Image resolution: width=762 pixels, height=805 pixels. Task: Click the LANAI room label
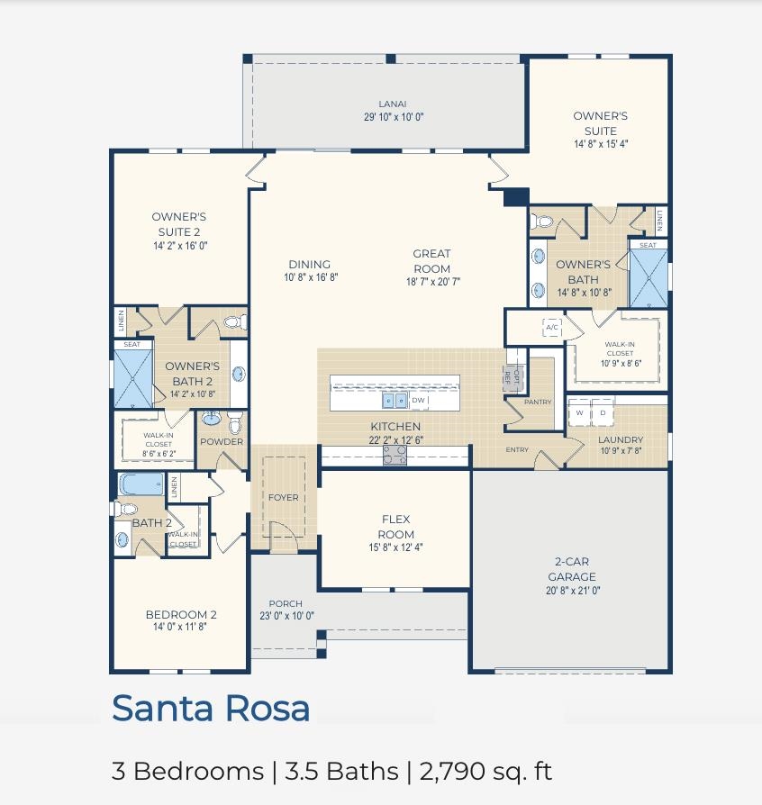(393, 104)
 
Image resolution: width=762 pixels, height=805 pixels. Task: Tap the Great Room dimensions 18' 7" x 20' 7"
(433, 281)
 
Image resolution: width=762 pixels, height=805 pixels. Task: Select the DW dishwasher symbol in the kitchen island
(419, 400)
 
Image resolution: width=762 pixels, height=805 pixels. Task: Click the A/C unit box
(552, 327)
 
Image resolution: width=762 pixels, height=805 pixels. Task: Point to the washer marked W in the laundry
(579, 412)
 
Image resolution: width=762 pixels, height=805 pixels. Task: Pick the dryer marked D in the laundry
(603, 412)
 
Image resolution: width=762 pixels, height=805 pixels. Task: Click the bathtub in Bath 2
(141, 484)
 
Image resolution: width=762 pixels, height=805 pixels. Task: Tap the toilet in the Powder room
(235, 422)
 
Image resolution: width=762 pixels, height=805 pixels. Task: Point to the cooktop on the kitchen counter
(395, 455)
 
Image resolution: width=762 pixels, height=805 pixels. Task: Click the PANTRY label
(538, 402)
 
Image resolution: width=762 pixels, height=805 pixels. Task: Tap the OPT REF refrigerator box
(512, 378)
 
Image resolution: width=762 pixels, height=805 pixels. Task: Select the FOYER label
(284, 497)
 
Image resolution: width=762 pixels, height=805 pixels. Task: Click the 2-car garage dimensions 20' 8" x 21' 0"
(573, 591)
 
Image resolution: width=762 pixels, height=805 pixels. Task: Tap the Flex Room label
(396, 527)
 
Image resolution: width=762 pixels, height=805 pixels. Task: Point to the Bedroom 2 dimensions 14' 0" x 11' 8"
(180, 627)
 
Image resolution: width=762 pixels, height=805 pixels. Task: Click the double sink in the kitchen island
(395, 401)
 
